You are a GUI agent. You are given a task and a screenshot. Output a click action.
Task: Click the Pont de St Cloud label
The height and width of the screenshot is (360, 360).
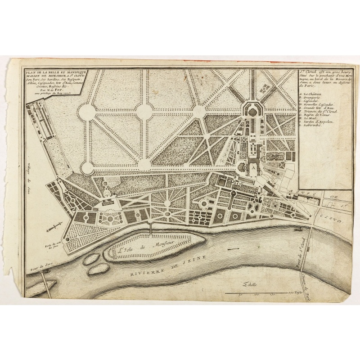tap(300, 254)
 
